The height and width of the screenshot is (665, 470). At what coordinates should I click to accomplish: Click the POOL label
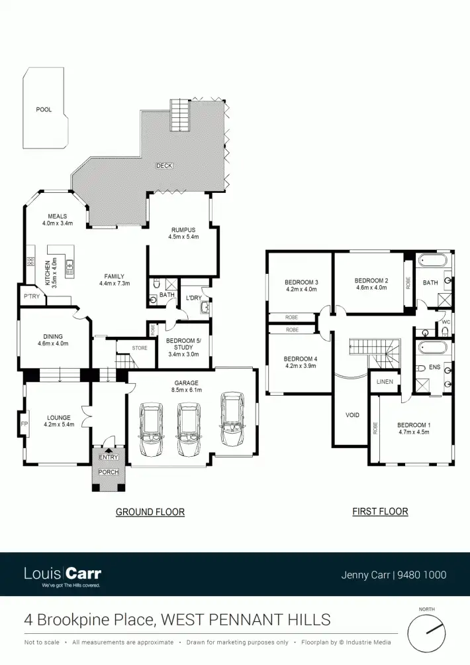coord(44,109)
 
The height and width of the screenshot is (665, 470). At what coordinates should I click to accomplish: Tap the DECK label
coord(164,165)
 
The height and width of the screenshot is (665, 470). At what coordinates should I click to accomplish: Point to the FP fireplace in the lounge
coord(24,423)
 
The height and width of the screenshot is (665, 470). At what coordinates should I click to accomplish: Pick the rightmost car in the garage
coord(233,421)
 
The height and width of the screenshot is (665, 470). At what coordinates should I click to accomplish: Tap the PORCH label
coord(108,472)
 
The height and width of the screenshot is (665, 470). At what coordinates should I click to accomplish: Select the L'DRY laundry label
coord(193,298)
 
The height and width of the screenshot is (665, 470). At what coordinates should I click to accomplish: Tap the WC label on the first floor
coord(446,323)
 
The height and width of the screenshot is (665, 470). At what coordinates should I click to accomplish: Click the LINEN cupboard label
coord(385,382)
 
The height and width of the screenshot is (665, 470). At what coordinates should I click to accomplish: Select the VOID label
coord(352,415)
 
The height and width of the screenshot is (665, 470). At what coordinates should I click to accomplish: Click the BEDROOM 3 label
coord(301,282)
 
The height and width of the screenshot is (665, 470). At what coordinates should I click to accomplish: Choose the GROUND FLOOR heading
coord(150,512)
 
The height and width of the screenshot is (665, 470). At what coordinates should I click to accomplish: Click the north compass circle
coord(426,633)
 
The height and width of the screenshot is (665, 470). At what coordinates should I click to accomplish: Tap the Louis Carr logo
coord(63,574)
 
